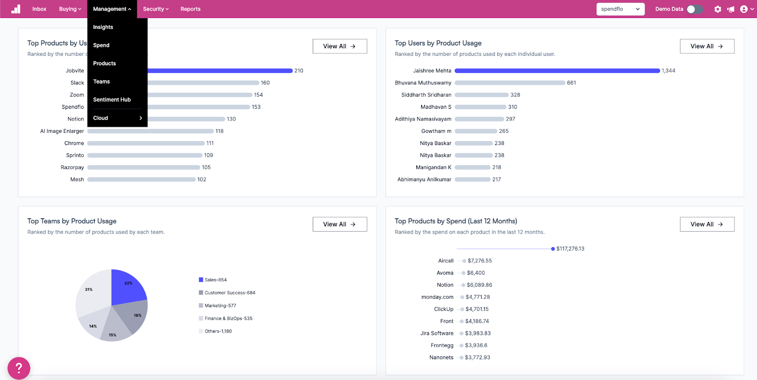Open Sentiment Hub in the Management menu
(x=112, y=100)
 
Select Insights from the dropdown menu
(x=103, y=27)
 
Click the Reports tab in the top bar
(x=190, y=9)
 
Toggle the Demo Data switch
(x=694, y=9)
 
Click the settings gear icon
(x=717, y=9)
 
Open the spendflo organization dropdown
(x=620, y=9)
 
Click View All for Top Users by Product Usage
(x=707, y=46)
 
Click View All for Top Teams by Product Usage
(x=340, y=224)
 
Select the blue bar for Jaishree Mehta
(x=557, y=70)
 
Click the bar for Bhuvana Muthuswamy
(x=510, y=83)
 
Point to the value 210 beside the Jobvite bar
(x=299, y=70)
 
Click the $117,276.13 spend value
(x=570, y=249)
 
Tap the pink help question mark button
(x=19, y=368)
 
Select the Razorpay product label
(x=72, y=167)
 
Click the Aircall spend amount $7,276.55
(x=480, y=261)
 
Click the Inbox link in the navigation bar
(x=39, y=9)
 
